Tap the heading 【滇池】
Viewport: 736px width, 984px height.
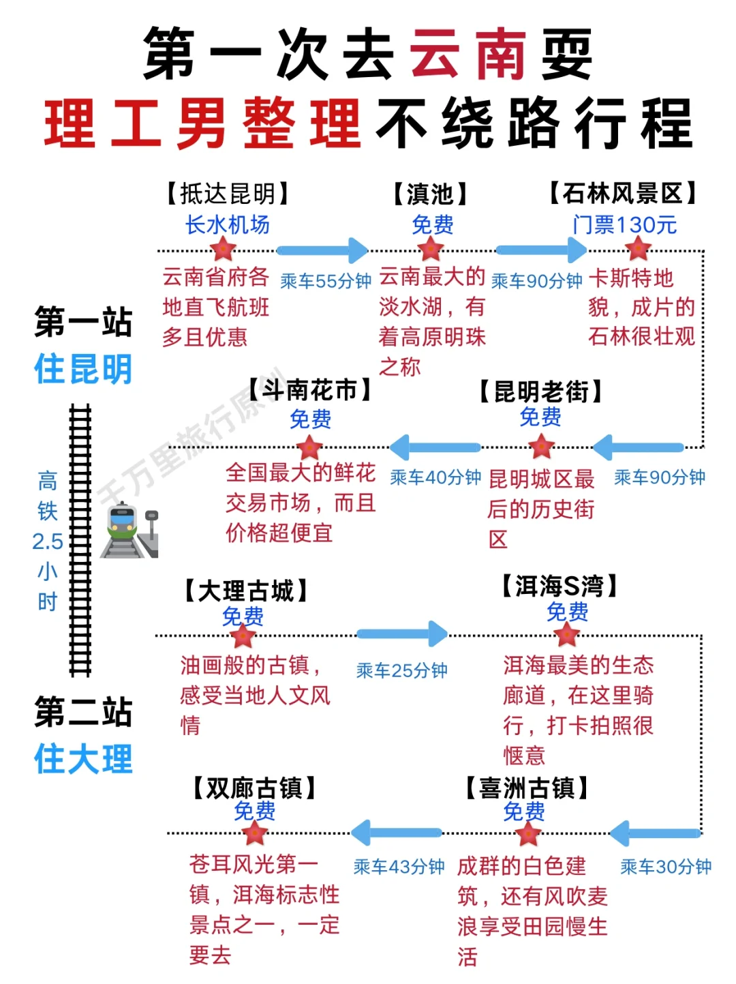click(430, 194)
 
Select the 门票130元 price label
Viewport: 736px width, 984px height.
click(624, 224)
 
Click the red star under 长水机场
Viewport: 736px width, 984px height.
click(223, 250)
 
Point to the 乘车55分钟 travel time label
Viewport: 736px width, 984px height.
click(326, 281)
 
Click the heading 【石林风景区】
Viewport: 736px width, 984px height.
click(623, 194)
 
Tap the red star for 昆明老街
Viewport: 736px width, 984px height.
click(542, 447)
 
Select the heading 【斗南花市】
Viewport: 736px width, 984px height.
click(310, 390)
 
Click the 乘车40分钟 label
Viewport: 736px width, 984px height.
click(435, 477)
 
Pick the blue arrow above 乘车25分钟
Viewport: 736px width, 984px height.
click(402, 634)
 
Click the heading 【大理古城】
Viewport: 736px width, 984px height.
click(246, 591)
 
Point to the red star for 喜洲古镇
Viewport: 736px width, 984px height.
click(528, 833)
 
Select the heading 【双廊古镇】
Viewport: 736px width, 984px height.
click(254, 788)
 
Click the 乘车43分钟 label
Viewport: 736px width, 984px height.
click(399, 867)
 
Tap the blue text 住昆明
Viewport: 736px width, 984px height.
click(83, 369)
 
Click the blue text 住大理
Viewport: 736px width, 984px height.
click(83, 759)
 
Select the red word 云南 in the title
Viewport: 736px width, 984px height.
click(467, 55)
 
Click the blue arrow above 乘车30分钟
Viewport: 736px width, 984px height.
click(656, 833)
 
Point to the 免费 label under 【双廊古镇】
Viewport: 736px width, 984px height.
click(254, 811)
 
